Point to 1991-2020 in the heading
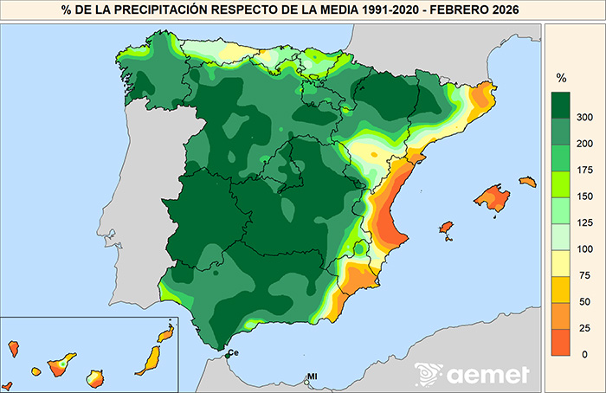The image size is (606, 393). click(386, 10)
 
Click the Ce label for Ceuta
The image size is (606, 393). click(233, 353)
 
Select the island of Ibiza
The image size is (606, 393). click(447, 228)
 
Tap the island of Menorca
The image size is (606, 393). click(527, 182)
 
